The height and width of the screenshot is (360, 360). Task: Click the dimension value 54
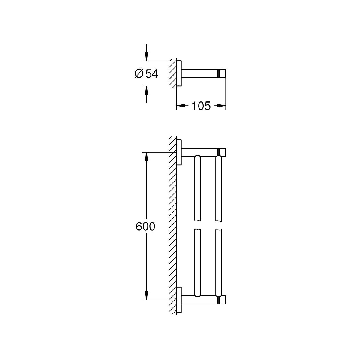(x=152, y=73)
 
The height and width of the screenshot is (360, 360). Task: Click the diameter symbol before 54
(x=139, y=73)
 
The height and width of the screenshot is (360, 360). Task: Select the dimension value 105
(x=201, y=106)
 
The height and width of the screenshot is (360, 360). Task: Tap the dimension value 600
(x=145, y=226)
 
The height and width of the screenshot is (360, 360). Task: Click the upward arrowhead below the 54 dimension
(x=146, y=91)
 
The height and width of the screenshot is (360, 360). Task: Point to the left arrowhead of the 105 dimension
(x=181, y=106)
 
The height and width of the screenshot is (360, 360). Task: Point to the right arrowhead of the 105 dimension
(x=221, y=106)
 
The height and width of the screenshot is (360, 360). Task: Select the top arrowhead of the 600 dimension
(x=146, y=157)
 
